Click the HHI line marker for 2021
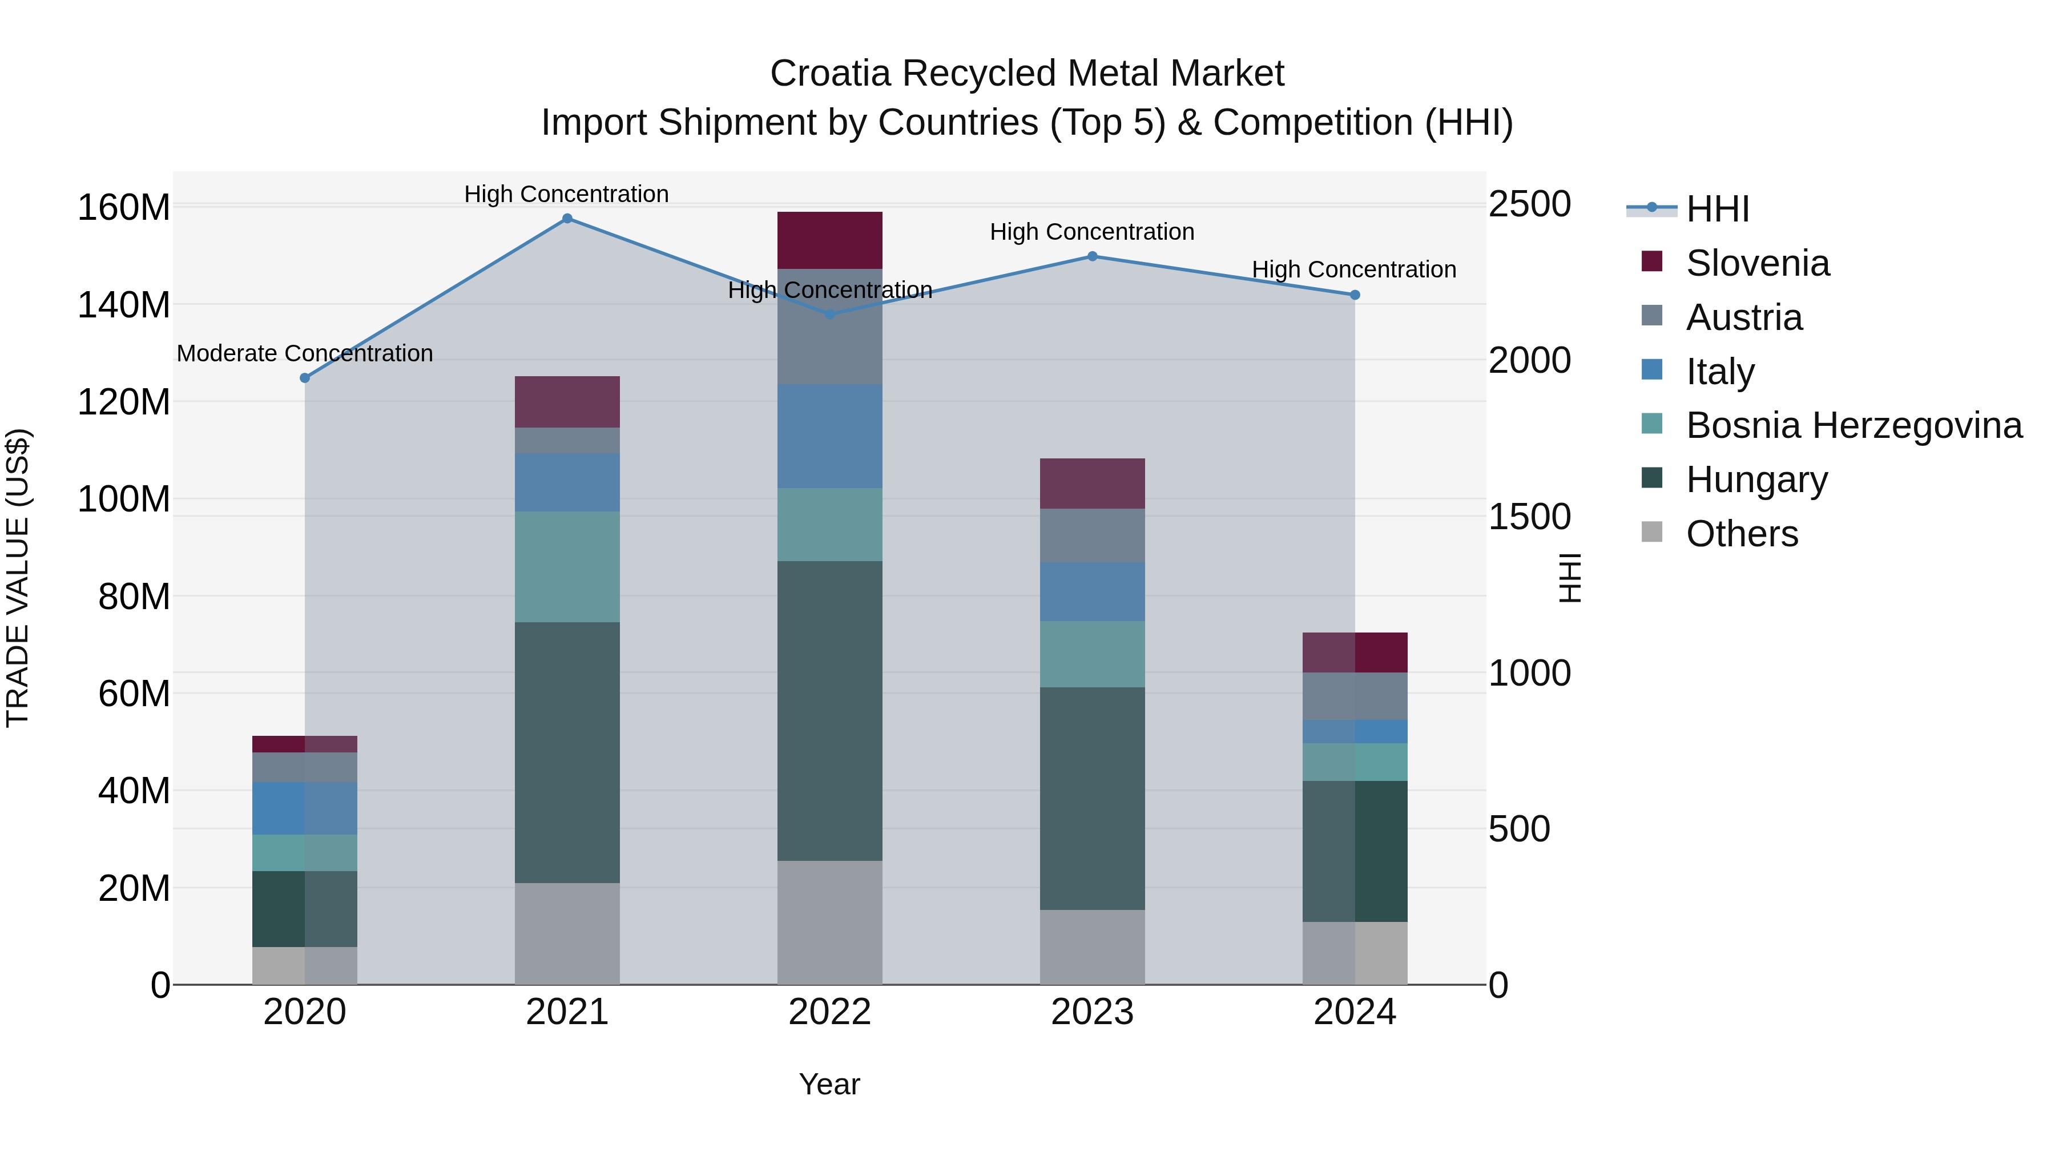567,219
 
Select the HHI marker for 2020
305,378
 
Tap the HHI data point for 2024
1355,295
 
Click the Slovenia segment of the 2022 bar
829,240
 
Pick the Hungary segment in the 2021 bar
567,752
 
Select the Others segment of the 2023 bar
1092,947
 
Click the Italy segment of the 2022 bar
829,436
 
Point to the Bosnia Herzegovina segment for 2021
567,567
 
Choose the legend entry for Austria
1744,317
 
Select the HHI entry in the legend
1716,209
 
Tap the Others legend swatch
1652,532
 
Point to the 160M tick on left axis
124,207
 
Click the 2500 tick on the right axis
1529,204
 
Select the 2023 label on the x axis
1092,1012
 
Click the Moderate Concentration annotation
305,353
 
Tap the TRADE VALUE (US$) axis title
18,578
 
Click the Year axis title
829,1084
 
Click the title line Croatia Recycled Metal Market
1027,74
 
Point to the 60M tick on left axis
134,693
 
